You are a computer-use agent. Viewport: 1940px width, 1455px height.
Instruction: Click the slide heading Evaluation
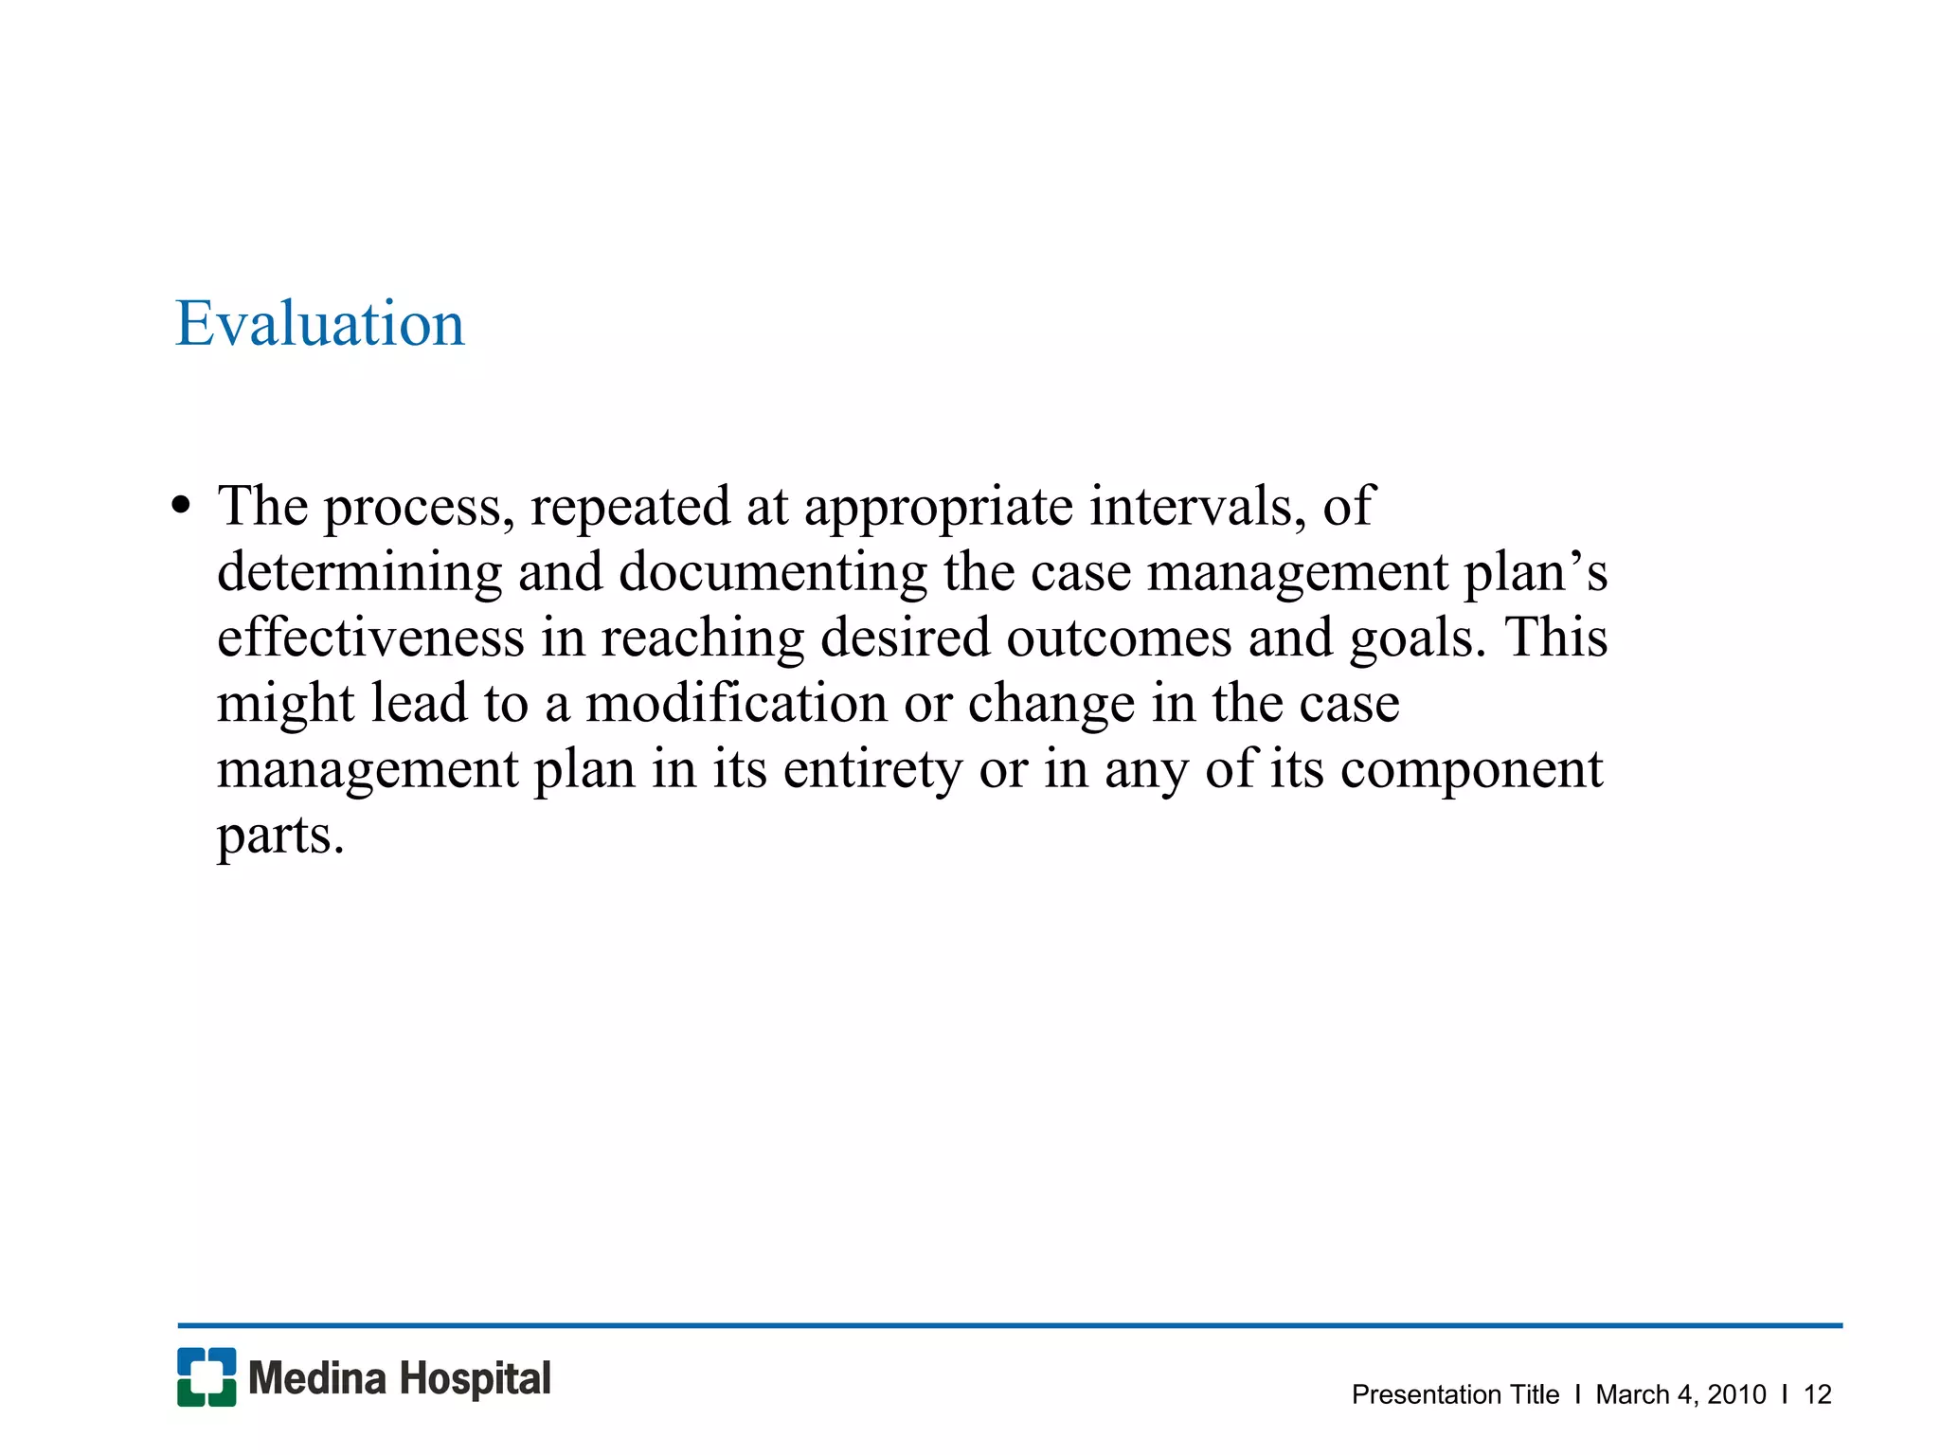click(x=320, y=324)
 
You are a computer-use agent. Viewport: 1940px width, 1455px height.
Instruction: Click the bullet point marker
click(x=181, y=506)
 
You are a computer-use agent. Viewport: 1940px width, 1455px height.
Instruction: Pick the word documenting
click(x=773, y=574)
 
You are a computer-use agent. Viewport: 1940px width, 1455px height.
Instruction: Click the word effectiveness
click(x=370, y=638)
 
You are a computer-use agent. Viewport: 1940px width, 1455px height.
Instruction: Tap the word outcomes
click(x=1119, y=638)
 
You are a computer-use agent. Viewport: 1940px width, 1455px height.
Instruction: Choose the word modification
click(x=736, y=704)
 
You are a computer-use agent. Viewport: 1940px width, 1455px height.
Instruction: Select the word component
click(x=1471, y=771)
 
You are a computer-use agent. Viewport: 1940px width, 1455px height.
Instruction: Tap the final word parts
click(x=280, y=836)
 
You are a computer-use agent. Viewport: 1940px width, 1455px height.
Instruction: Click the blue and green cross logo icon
click(x=207, y=1377)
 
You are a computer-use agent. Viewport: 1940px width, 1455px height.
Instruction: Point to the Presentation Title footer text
click(x=1455, y=1394)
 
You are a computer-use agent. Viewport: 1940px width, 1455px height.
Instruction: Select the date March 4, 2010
click(x=1680, y=1394)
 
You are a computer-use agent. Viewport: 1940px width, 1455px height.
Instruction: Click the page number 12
click(x=1817, y=1394)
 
